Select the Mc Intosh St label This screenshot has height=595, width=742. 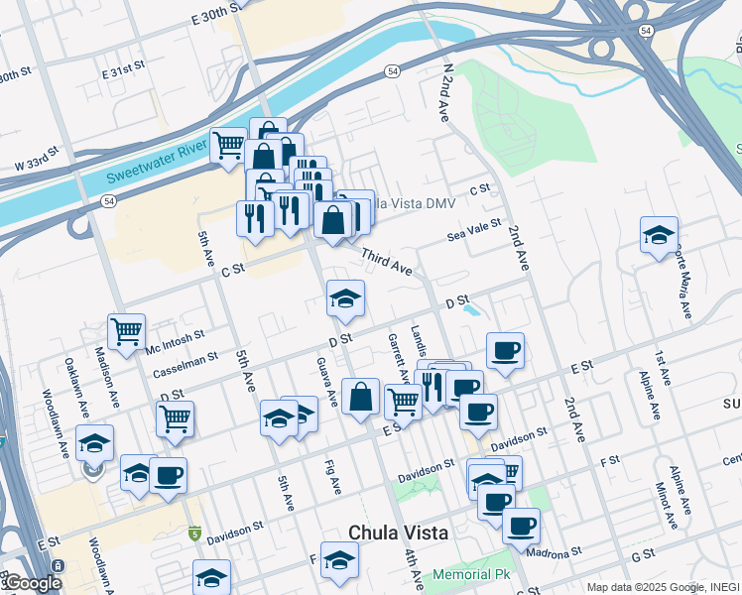[x=175, y=340]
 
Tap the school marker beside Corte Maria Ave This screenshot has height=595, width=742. [x=659, y=235]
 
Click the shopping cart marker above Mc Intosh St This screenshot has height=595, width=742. [x=126, y=331]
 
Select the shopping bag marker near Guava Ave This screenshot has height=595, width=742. [x=361, y=397]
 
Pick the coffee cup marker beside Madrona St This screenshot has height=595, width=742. [x=521, y=526]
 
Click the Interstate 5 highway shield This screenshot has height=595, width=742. [x=194, y=534]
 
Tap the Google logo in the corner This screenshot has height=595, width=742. [x=31, y=583]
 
